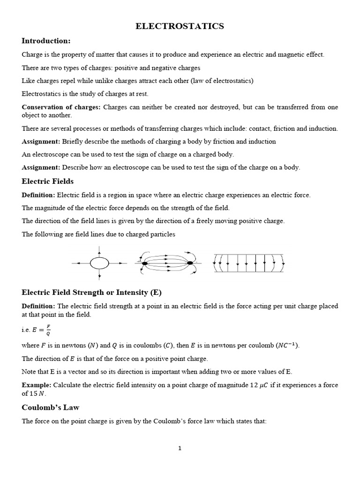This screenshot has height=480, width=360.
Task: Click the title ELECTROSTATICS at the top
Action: click(180, 26)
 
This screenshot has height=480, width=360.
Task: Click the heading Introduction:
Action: click(46, 41)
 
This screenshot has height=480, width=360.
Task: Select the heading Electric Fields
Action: click(47, 181)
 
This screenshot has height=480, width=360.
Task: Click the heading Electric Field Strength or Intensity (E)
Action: click(91, 292)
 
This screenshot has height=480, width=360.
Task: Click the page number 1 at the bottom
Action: click(180, 448)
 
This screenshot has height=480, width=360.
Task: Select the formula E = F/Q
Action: click(42, 330)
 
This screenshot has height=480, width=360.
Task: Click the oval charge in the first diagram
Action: click(99, 263)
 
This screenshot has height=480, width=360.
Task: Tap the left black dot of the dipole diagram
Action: click(145, 263)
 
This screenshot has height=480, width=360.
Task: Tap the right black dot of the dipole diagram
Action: click(190, 263)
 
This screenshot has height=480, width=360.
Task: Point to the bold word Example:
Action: click(37, 385)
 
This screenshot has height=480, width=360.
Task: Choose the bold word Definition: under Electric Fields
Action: click(38, 195)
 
